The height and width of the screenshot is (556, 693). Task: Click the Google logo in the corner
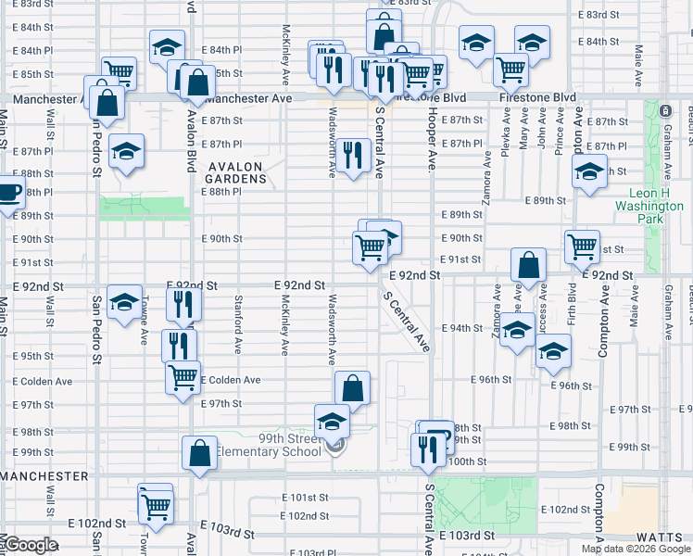tap(31, 545)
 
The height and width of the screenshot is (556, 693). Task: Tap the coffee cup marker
tap(8, 193)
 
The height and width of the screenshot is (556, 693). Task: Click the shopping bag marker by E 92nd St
tap(527, 265)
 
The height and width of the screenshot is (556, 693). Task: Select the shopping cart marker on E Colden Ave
tap(183, 377)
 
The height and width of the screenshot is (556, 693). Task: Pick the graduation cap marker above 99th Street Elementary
tap(332, 421)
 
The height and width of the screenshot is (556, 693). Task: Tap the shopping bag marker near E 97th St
tap(352, 388)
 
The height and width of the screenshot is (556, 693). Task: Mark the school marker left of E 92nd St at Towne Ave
tap(124, 301)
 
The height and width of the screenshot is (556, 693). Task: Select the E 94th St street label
tap(465, 328)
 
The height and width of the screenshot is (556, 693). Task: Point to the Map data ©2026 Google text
tap(636, 549)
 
